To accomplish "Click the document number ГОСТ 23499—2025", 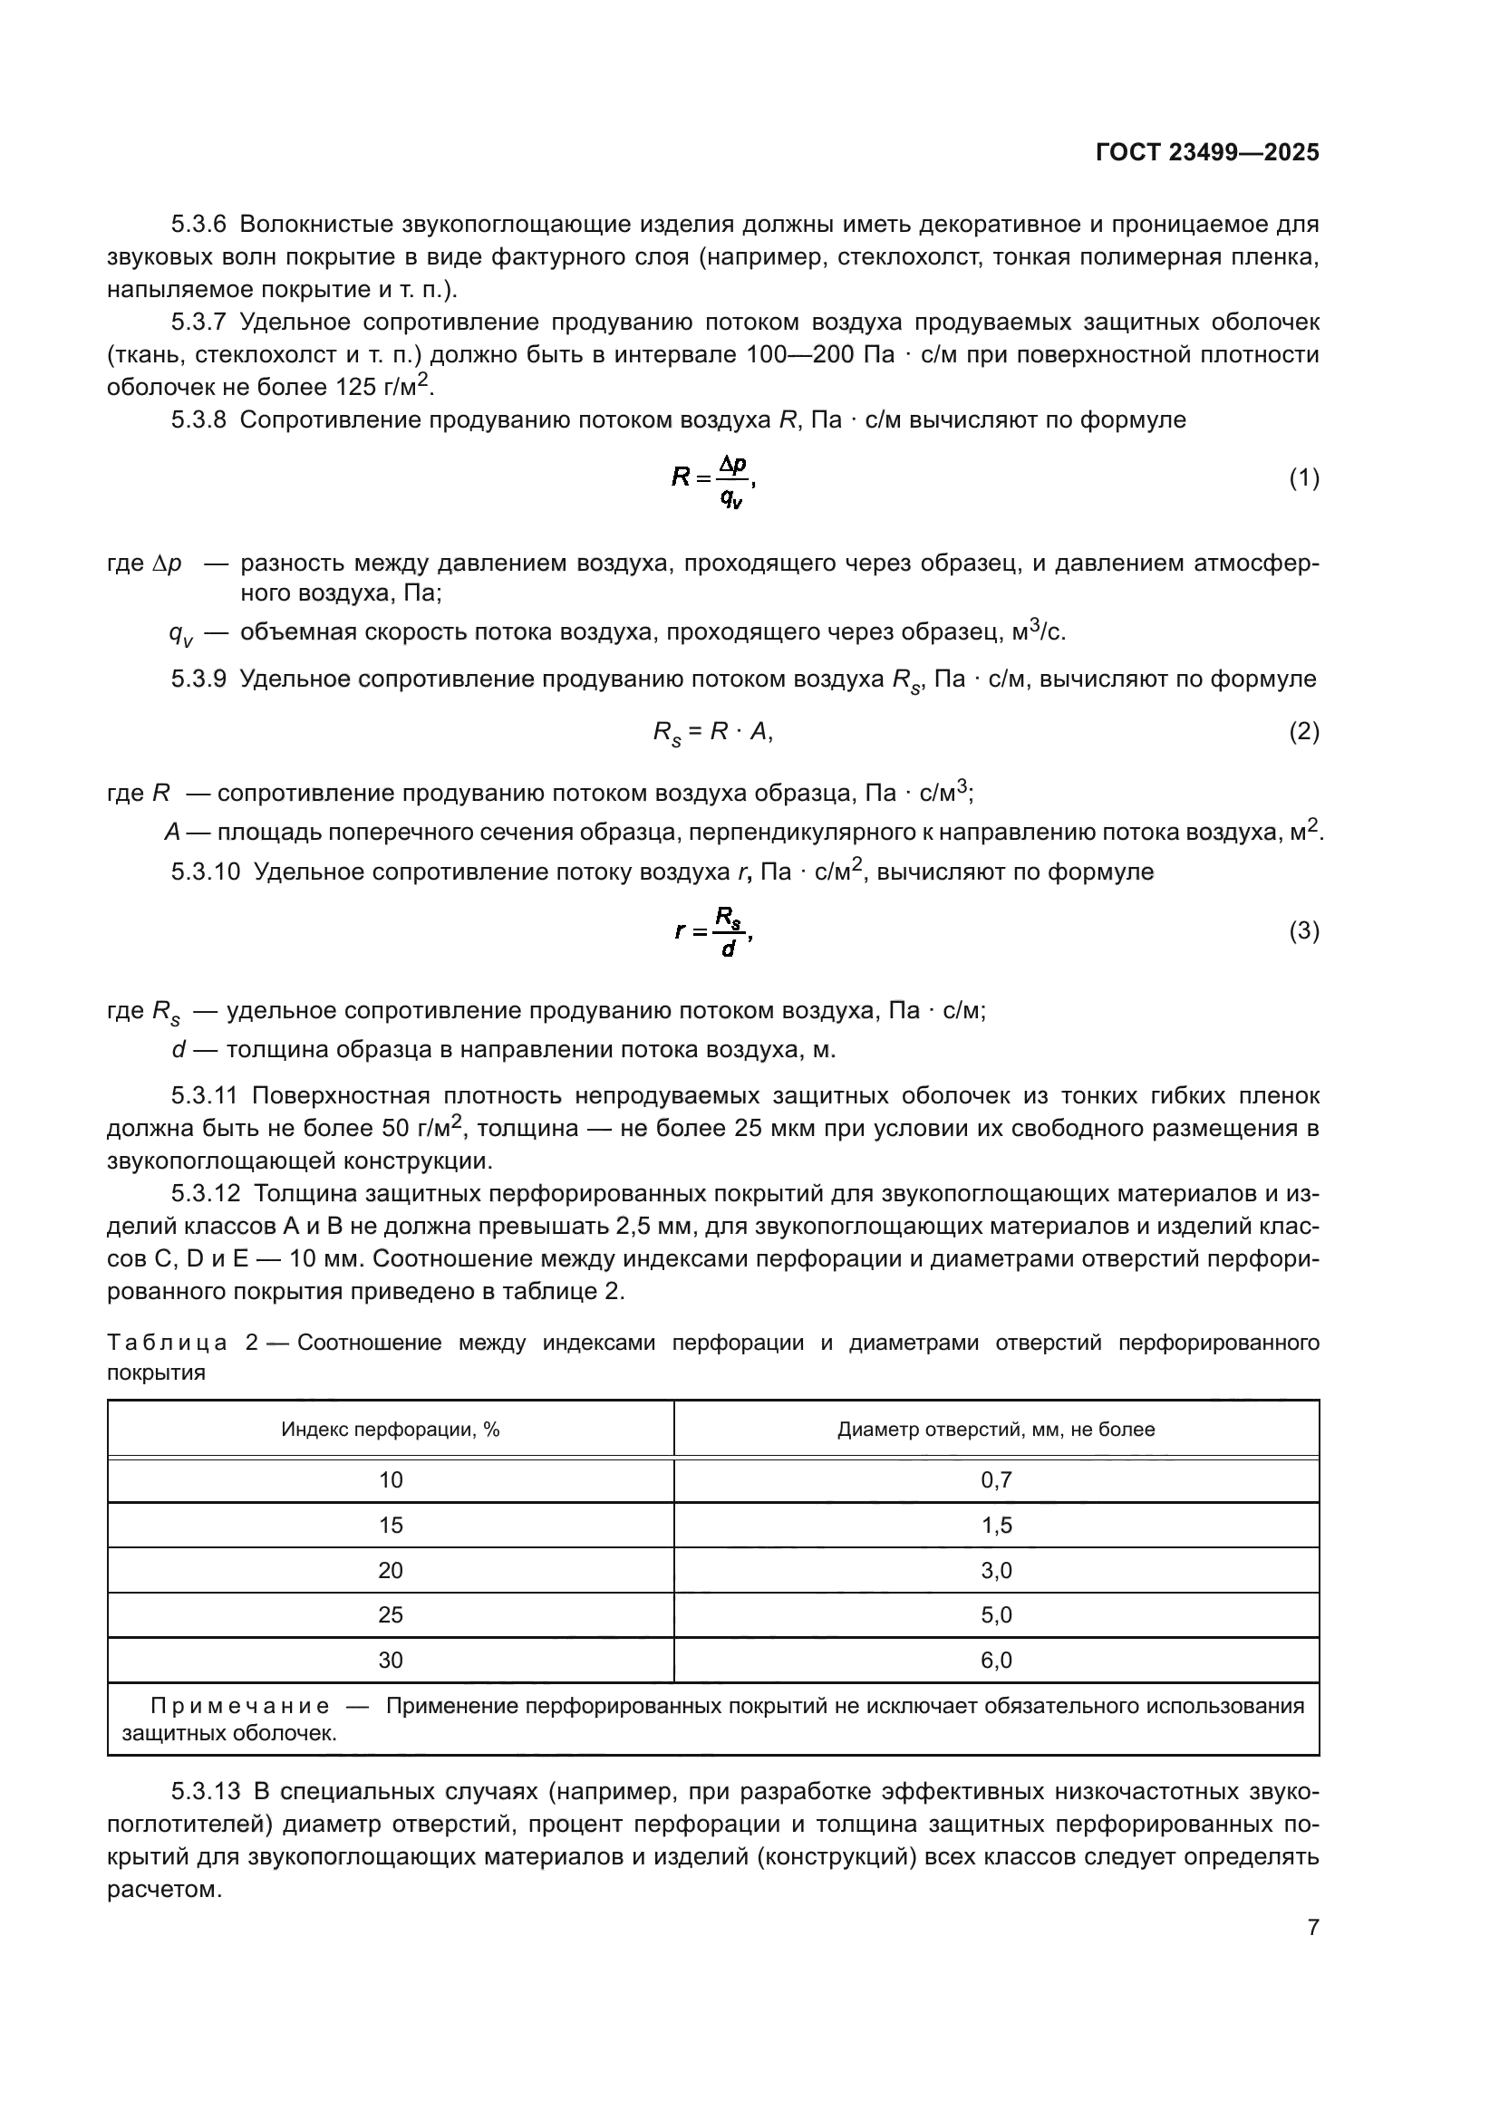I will (x=1206, y=153).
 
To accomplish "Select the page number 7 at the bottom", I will (x=1312, y=1927).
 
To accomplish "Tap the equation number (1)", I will (x=1303, y=478).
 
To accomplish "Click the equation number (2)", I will (x=1303, y=732).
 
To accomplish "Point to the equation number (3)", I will (x=1303, y=931).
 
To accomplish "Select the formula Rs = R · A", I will (x=711, y=733).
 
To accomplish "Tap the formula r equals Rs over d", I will (x=713, y=932).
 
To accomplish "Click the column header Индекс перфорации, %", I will (x=391, y=1430).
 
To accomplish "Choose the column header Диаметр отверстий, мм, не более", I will (x=996, y=1430).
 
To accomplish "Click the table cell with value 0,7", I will (x=996, y=1480).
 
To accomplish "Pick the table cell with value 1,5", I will (x=996, y=1526).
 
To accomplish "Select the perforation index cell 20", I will (x=391, y=1571).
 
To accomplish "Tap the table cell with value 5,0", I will (x=996, y=1615).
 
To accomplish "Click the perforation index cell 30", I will (x=391, y=1661).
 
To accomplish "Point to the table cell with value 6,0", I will (x=996, y=1661).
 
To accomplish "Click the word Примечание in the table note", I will (x=239, y=1707).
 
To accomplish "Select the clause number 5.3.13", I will (x=204, y=1792).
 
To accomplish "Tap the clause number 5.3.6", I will (x=198, y=225).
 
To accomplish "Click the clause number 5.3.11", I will (x=204, y=1096).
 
